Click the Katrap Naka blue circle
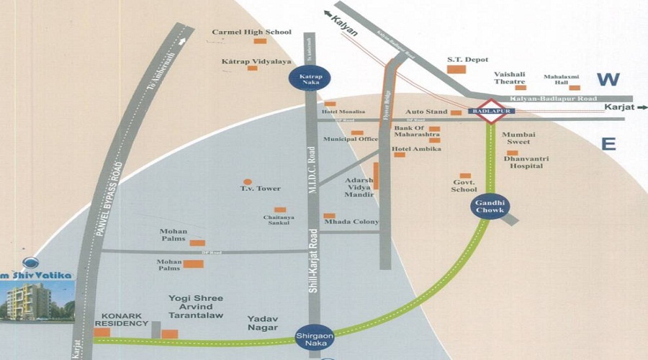pos(310,78)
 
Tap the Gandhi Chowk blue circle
pos(490,206)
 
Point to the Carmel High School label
pos(251,32)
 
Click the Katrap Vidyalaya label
pos(251,62)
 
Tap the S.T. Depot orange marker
pos(456,69)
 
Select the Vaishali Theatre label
pos(510,78)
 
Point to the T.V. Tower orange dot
pos(248,182)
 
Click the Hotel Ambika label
pos(415,149)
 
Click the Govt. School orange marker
pos(465,176)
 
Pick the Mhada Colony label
pos(351,222)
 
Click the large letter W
pos(608,79)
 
